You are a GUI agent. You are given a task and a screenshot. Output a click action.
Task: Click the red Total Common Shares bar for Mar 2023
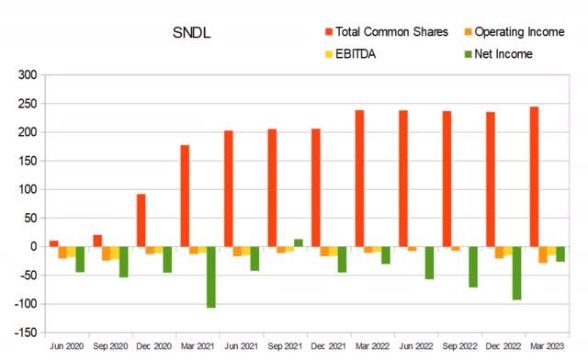pos(534,177)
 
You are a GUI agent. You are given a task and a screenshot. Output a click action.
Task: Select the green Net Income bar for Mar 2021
pos(210,276)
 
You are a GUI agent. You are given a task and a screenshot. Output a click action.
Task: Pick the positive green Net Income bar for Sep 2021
pos(299,242)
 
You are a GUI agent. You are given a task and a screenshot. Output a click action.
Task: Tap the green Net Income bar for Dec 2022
pos(517,273)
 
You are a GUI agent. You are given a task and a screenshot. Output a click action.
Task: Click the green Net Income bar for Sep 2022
pos(473,267)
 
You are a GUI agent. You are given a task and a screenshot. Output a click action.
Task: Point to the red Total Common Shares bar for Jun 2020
pos(53,243)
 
